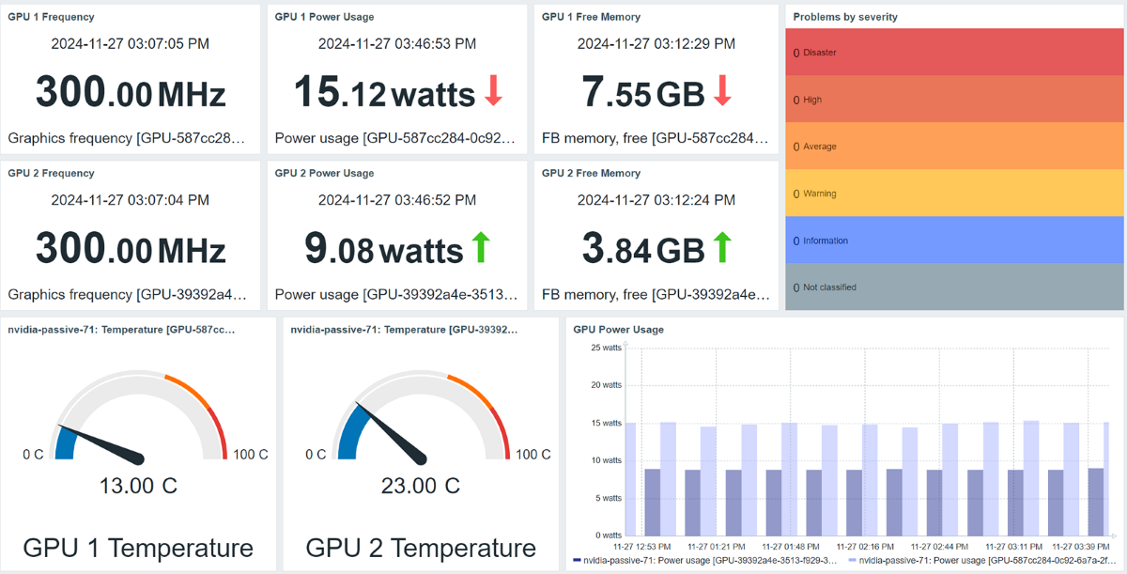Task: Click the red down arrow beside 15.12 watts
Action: pyautogui.click(x=494, y=91)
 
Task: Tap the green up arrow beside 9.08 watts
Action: pyautogui.click(x=481, y=248)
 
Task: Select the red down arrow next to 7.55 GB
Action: pyautogui.click(x=722, y=91)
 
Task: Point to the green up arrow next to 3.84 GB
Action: pyautogui.click(x=722, y=248)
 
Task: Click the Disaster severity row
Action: pyautogui.click(x=954, y=53)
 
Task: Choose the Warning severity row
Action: pyautogui.click(x=954, y=194)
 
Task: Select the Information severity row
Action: pyautogui.click(x=954, y=240)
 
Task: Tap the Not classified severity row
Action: pyautogui.click(x=954, y=287)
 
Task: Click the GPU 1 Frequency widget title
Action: pyautogui.click(x=51, y=17)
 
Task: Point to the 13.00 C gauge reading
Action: pyautogui.click(x=138, y=486)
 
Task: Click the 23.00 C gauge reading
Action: pyautogui.click(x=421, y=486)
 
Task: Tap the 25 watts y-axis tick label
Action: pyautogui.click(x=606, y=348)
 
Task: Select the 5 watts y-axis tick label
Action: pyautogui.click(x=609, y=498)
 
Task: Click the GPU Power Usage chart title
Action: pyautogui.click(x=618, y=330)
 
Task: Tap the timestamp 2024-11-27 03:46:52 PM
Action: pyautogui.click(x=396, y=200)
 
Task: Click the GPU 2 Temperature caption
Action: pyautogui.click(x=421, y=548)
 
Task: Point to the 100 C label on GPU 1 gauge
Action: pyautogui.click(x=251, y=455)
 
